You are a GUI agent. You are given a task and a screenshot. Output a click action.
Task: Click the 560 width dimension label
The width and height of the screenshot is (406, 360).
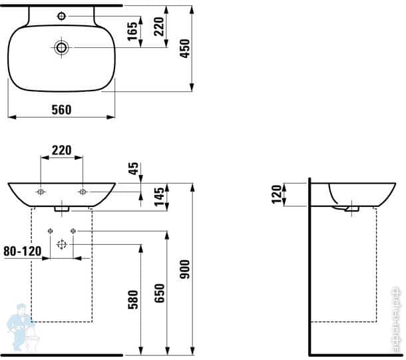61,110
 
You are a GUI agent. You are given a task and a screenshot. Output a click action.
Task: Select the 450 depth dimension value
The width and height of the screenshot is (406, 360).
186,47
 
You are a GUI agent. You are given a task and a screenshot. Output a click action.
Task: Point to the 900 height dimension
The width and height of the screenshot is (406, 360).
186,268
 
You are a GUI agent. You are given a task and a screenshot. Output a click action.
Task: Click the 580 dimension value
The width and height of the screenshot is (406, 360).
132,300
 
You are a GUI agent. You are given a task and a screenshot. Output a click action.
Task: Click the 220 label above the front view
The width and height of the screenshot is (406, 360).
61,150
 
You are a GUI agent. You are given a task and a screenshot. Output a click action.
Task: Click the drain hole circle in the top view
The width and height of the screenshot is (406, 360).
61,47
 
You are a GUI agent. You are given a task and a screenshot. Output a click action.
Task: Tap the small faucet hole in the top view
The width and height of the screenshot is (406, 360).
61,15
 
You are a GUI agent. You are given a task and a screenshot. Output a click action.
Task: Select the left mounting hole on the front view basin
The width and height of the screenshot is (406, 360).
41,192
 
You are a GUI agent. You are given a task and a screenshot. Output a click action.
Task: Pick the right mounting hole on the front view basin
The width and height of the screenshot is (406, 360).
83,192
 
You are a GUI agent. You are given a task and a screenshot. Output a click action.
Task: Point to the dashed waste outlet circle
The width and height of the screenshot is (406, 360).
61,244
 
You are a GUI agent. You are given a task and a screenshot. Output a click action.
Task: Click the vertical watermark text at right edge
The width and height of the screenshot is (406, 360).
397,319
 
